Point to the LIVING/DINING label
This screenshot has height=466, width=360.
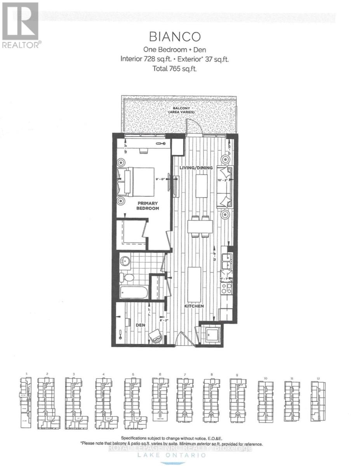point(196,168)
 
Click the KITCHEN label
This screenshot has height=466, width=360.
point(194,306)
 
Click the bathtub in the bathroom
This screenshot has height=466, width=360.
point(134,292)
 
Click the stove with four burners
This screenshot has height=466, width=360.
point(226,288)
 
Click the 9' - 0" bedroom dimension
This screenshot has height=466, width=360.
point(160,179)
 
